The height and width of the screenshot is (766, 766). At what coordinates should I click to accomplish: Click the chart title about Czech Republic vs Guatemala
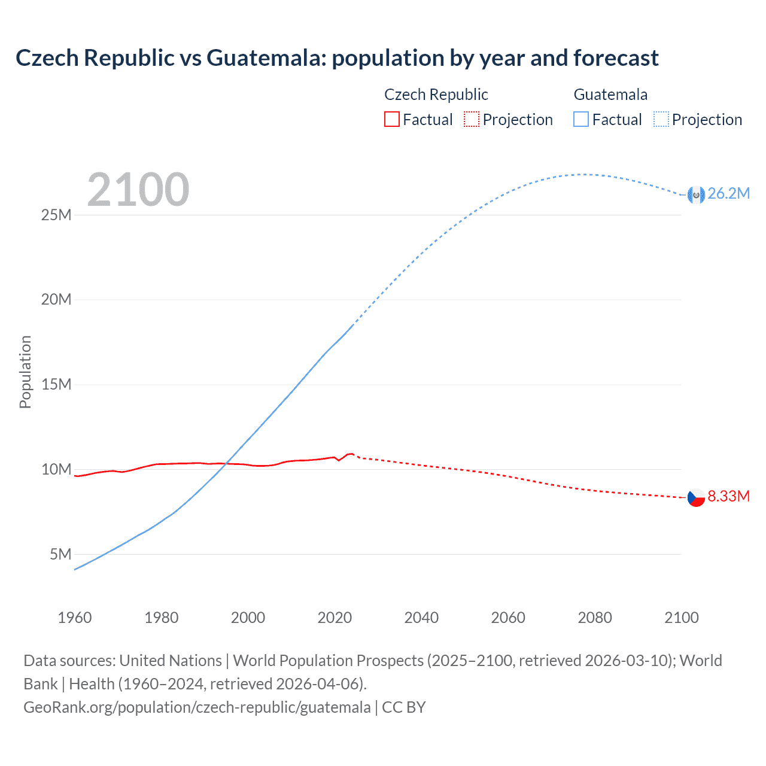pos(337,58)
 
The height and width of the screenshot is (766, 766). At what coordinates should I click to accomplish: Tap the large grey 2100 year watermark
pos(138,190)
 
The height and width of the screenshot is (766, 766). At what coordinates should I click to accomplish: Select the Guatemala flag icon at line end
pos(696,194)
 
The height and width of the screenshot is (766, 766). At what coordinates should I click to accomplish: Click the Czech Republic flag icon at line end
pos(696,497)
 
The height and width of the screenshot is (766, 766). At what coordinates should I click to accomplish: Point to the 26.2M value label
pos(728,193)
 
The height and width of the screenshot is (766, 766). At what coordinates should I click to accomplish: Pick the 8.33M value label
pos(728,496)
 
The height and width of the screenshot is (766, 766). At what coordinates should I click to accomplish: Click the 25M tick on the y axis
pos(56,215)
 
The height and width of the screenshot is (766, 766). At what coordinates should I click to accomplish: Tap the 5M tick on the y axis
pos(60,554)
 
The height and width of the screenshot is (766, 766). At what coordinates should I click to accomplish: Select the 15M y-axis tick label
pos(56,384)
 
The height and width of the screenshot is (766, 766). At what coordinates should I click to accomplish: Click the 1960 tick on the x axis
pos(75,618)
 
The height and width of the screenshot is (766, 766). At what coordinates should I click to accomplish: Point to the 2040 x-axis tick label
pos(421,618)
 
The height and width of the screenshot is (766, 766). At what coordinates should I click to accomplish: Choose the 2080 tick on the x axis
pos(595,618)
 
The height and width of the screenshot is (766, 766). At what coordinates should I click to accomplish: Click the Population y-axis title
pos(25,372)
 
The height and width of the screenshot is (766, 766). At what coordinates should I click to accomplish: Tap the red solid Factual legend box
pos(391,120)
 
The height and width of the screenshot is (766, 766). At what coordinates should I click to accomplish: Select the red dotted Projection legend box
pos(472,120)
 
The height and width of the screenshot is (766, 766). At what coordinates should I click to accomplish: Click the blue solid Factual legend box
pos(581,120)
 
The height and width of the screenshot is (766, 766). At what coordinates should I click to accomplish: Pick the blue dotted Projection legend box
pos(661,120)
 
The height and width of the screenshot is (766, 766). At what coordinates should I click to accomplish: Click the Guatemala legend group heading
pos(610,95)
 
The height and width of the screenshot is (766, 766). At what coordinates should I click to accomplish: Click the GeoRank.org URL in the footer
pos(197,707)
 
